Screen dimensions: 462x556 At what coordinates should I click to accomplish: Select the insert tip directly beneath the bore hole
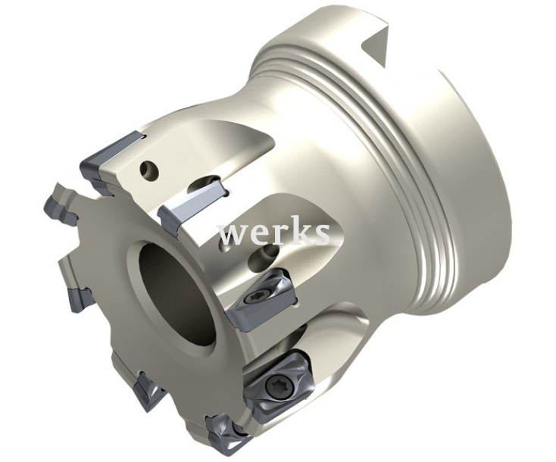coord(148,392)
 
